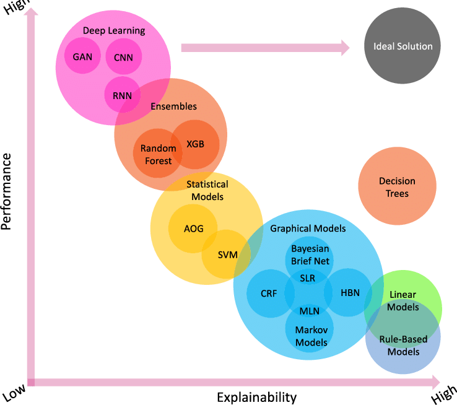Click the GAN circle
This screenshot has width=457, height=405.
pyautogui.click(x=82, y=56)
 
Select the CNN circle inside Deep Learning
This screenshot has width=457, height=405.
pyautogui.click(x=124, y=57)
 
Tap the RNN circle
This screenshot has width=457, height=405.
pyautogui.click(x=122, y=95)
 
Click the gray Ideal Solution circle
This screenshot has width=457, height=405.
pyautogui.click(x=403, y=46)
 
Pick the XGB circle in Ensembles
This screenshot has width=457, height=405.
pyautogui.click(x=195, y=144)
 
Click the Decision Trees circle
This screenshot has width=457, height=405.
pyautogui.click(x=397, y=186)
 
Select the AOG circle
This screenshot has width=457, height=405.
pyautogui.click(x=193, y=228)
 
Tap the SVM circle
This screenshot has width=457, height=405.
pyautogui.click(x=227, y=254)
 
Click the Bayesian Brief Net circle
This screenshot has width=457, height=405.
pyautogui.click(x=310, y=254)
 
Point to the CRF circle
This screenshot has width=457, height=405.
pyautogui.click(x=269, y=294)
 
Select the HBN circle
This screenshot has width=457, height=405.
pyautogui.click(x=349, y=293)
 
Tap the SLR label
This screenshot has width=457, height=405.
pyautogui.click(x=308, y=279)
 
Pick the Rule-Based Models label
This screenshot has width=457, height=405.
pyautogui.click(x=403, y=346)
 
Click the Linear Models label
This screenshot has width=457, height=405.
pyautogui.click(x=403, y=301)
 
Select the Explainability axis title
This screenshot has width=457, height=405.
pyautogui.click(x=256, y=397)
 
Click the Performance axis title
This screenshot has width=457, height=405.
pyautogui.click(x=7, y=192)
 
